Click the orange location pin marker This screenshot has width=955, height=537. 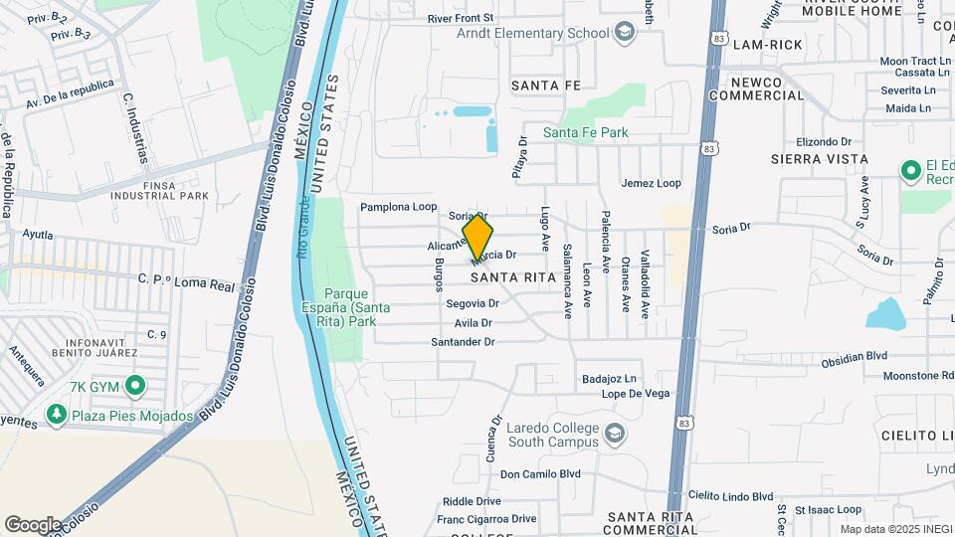(477, 237)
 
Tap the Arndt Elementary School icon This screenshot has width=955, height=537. (624, 33)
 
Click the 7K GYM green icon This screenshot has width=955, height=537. (135, 385)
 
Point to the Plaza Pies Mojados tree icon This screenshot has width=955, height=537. (56, 415)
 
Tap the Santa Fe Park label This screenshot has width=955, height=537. (585, 132)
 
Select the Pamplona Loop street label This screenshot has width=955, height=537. (398, 207)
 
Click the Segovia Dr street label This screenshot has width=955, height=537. (472, 303)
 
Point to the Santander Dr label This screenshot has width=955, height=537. (463, 341)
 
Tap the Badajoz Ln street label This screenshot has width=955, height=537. (610, 379)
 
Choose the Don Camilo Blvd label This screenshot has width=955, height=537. (539, 474)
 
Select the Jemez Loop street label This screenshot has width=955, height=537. (651, 183)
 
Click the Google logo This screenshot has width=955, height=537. (33, 524)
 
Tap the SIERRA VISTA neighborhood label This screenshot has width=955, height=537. (819, 159)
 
